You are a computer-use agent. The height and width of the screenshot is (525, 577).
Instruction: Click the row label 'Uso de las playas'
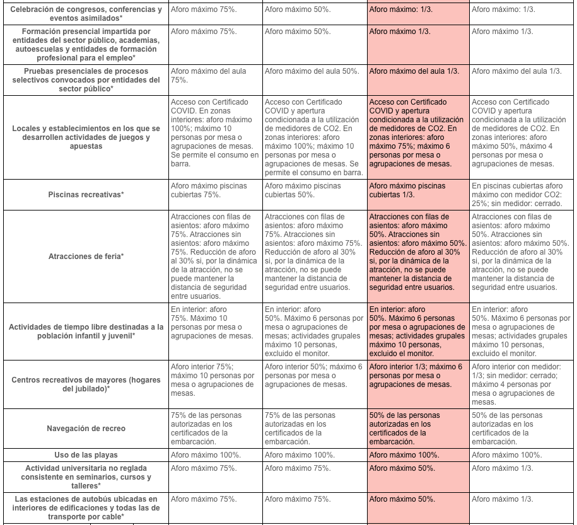click(x=86, y=455)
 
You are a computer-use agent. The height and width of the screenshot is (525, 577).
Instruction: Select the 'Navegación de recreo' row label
click(x=86, y=429)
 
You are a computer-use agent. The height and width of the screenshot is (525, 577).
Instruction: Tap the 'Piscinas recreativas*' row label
click(x=86, y=195)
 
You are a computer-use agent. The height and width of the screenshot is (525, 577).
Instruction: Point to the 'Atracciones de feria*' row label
click(x=86, y=257)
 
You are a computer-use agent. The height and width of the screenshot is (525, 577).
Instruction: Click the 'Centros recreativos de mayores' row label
click(x=86, y=384)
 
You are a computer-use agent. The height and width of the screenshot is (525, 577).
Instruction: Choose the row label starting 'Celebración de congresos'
click(x=86, y=14)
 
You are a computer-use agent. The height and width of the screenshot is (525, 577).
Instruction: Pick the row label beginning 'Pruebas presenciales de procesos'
click(x=86, y=80)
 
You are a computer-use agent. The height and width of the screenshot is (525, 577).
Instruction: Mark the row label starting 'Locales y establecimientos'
click(x=86, y=137)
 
